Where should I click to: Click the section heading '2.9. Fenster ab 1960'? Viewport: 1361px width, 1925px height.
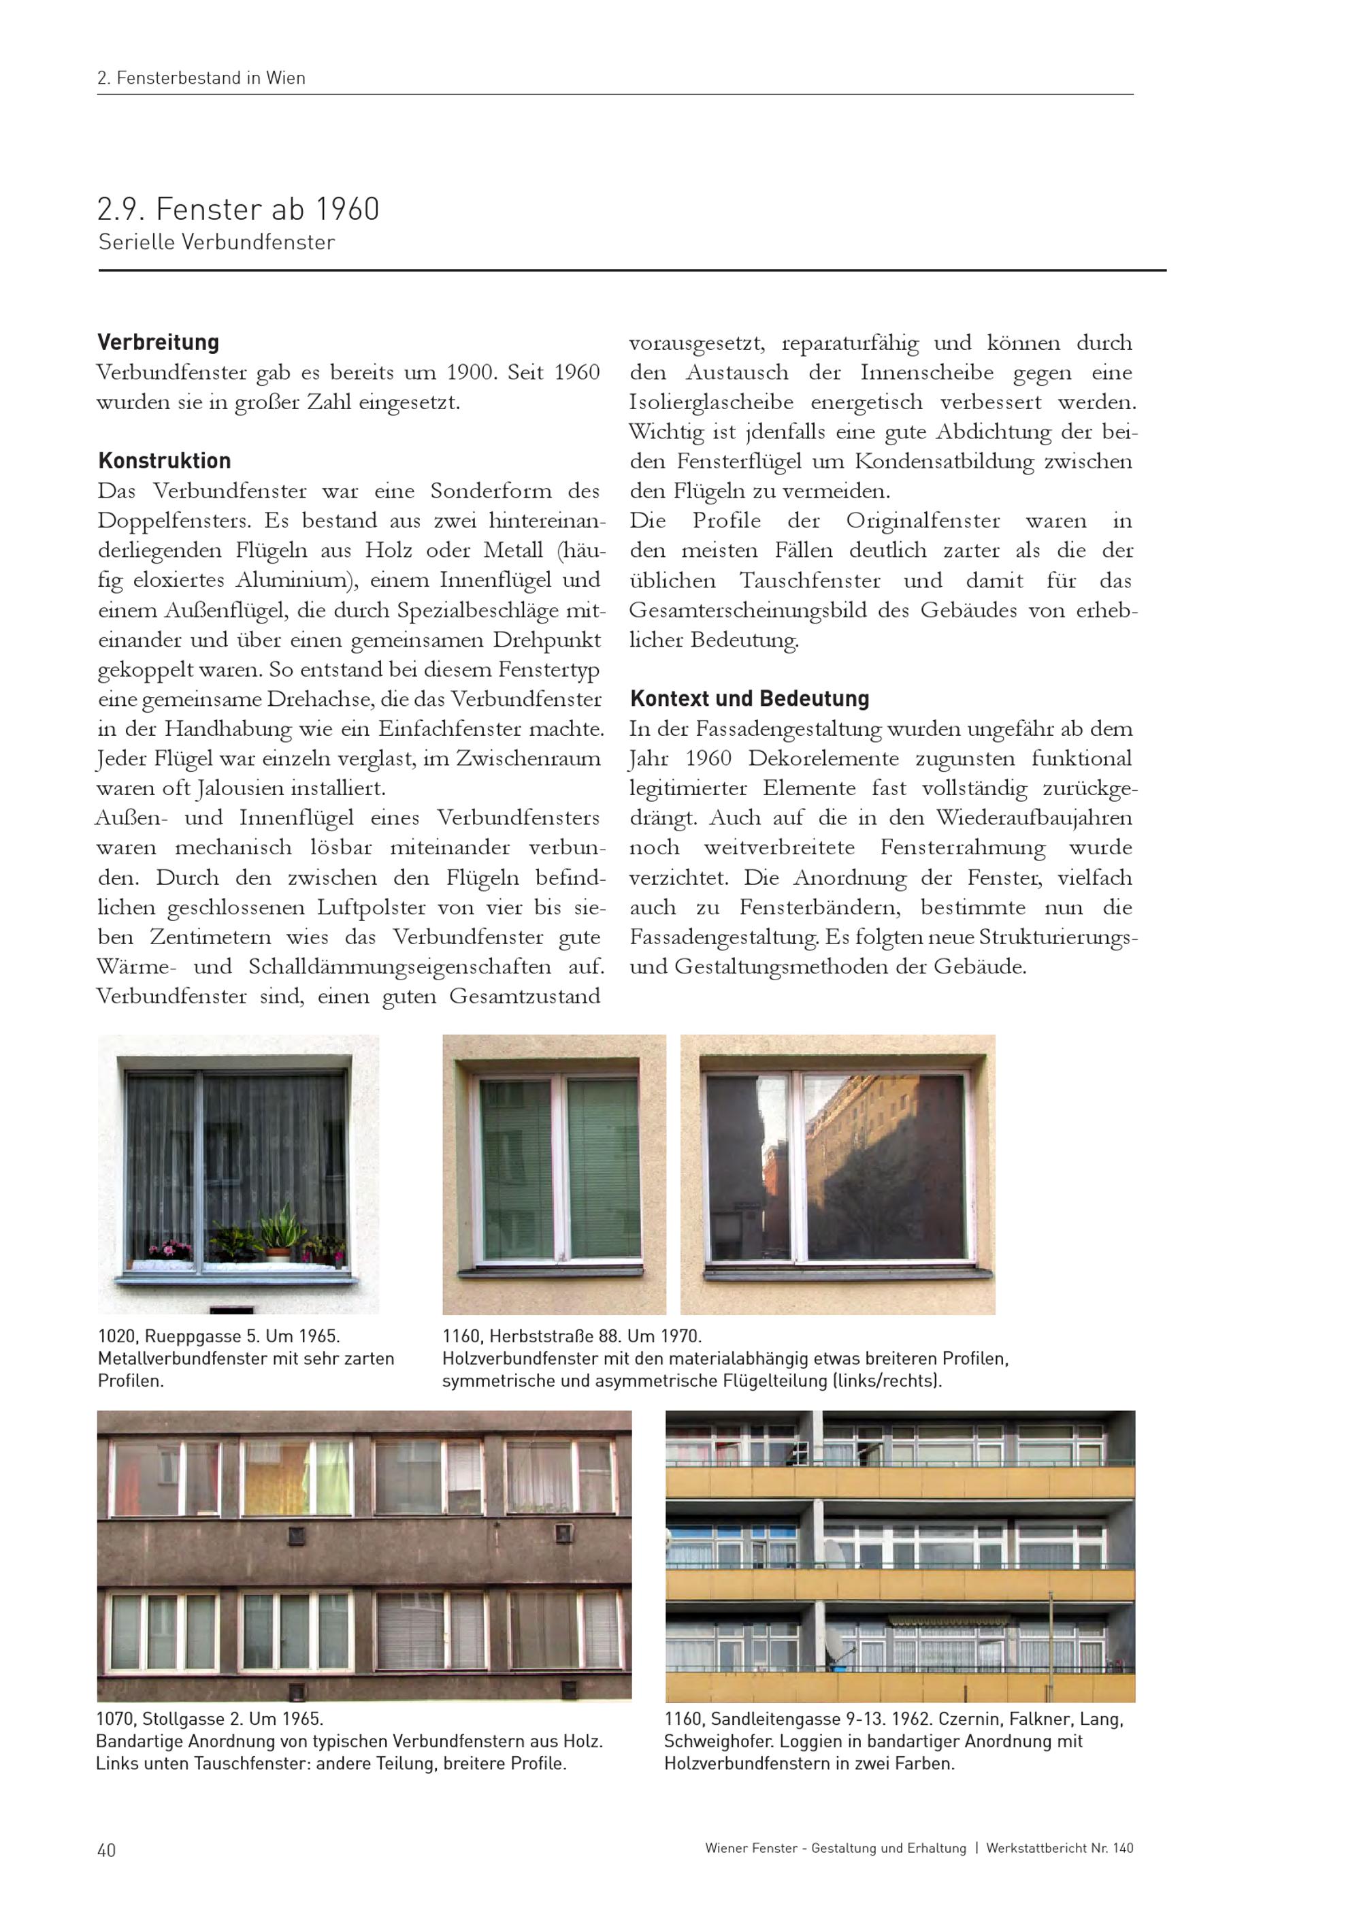(238, 209)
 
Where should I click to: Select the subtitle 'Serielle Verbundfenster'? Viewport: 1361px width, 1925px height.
(216, 242)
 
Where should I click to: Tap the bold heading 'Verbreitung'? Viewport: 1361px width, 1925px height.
(159, 342)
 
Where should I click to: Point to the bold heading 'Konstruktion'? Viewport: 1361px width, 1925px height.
(164, 460)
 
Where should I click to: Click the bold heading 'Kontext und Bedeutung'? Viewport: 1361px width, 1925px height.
(749, 698)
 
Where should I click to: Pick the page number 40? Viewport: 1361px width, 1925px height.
(106, 1850)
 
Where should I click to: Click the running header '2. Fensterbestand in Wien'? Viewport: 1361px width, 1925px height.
(201, 78)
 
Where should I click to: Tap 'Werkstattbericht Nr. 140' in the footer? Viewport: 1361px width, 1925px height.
(1060, 1848)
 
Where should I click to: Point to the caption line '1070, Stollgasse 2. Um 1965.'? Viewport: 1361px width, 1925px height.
(210, 1719)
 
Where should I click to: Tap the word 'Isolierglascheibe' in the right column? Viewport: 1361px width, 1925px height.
(710, 402)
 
